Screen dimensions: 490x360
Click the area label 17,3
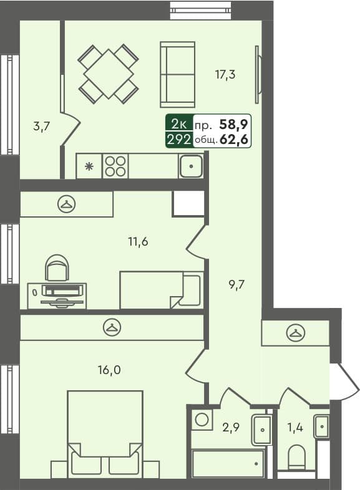pos(225,75)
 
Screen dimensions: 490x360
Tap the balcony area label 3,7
pos(41,127)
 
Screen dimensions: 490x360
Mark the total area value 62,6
pos(235,140)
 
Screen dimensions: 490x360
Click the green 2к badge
pos(178,123)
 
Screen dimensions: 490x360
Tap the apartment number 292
pos(178,140)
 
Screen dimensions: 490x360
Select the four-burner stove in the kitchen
pos(115,166)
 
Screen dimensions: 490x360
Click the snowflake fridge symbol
pos(89,166)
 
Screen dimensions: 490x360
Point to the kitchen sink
pos(190,166)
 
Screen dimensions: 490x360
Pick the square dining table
pos(108,73)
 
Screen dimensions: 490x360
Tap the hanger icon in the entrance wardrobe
pos(294,333)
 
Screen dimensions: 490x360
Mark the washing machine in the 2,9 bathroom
pos(201,419)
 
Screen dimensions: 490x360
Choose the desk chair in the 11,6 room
pos(57,269)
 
